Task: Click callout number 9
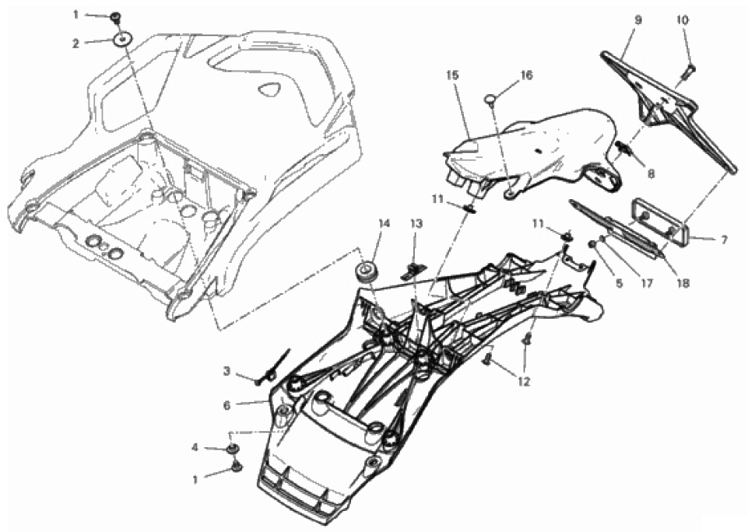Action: pos(638,20)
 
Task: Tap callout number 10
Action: pos(683,20)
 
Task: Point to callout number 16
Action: pos(526,75)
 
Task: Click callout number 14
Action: pos(385,223)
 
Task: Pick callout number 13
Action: pos(416,223)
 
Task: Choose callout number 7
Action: pos(724,241)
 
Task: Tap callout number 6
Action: pos(227,405)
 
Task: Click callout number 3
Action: pos(227,370)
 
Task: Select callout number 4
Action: pos(195,447)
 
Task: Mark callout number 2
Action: pos(76,44)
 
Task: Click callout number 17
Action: pos(646,283)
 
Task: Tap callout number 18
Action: pos(683,283)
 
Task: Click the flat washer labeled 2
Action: pos(122,39)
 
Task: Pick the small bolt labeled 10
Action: pos(688,72)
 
